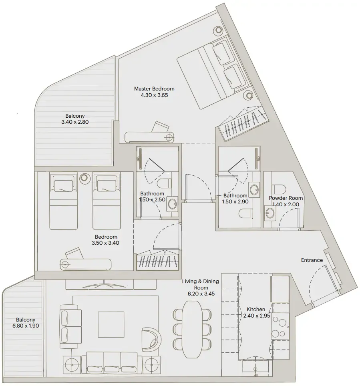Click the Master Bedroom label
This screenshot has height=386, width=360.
[x=154, y=88]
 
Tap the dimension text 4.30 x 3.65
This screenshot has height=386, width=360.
[x=154, y=95]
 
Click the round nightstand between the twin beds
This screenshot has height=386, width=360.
[x=84, y=177]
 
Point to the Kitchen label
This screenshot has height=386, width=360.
[x=256, y=309]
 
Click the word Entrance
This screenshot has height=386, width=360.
[x=312, y=260]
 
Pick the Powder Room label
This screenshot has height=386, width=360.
[x=286, y=198]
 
